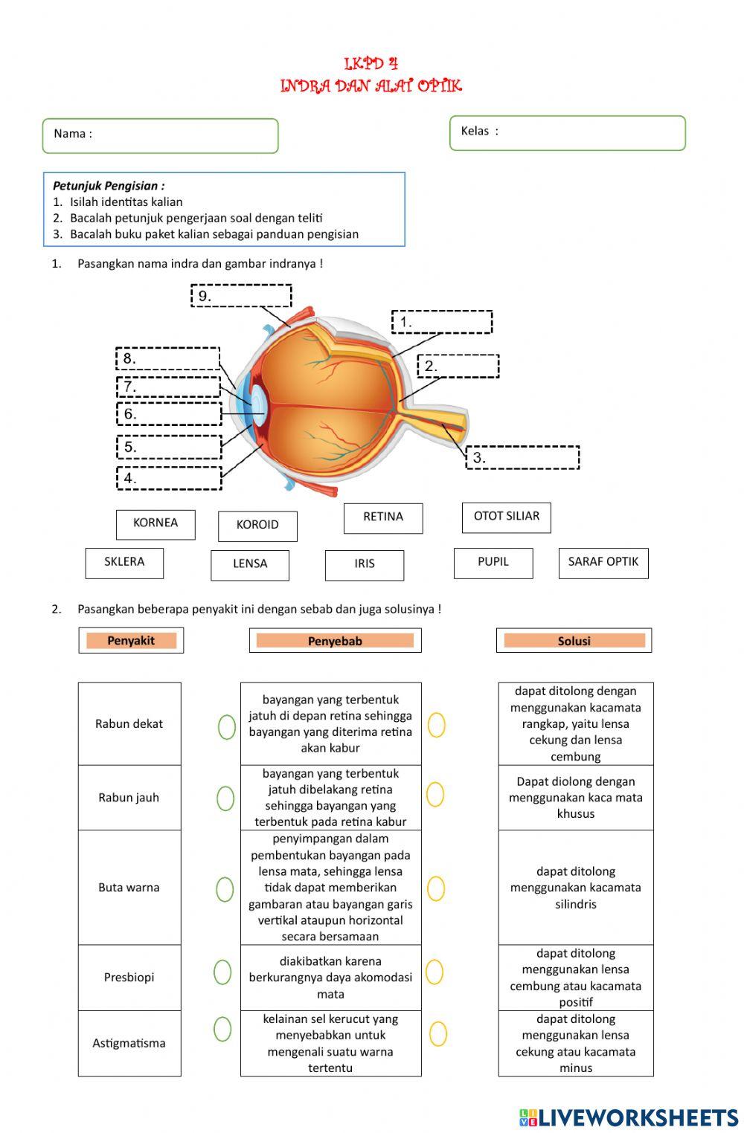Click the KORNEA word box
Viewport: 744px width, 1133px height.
155,524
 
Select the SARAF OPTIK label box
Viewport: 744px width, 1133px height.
603,563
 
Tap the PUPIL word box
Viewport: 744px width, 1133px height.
493,563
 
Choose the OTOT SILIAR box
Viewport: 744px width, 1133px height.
506,517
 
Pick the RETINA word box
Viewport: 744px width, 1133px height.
382,518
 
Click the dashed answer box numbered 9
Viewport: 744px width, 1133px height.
241,296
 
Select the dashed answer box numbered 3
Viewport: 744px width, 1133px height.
522,458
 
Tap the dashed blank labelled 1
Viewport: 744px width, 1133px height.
442,322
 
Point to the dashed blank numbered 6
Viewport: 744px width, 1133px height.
170,414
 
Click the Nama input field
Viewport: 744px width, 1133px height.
160,136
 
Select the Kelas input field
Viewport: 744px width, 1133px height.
567,133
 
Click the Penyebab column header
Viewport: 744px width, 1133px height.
335,641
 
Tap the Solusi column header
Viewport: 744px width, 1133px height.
574,641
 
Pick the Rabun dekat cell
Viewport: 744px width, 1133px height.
129,723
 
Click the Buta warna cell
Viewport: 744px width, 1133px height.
129,887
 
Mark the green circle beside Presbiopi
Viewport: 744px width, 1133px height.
222,972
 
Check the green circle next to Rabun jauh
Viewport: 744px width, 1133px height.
225,798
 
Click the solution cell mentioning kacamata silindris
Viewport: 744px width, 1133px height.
575,887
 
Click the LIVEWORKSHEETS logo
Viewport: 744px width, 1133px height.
629,1117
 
